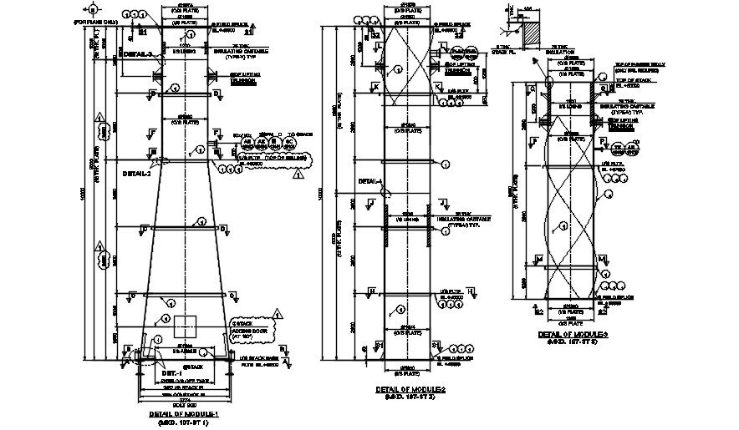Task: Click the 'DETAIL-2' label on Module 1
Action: click(135, 175)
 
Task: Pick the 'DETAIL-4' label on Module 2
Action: click(369, 181)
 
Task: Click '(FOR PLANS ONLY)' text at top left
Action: click(92, 23)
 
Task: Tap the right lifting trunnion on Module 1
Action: click(216, 78)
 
